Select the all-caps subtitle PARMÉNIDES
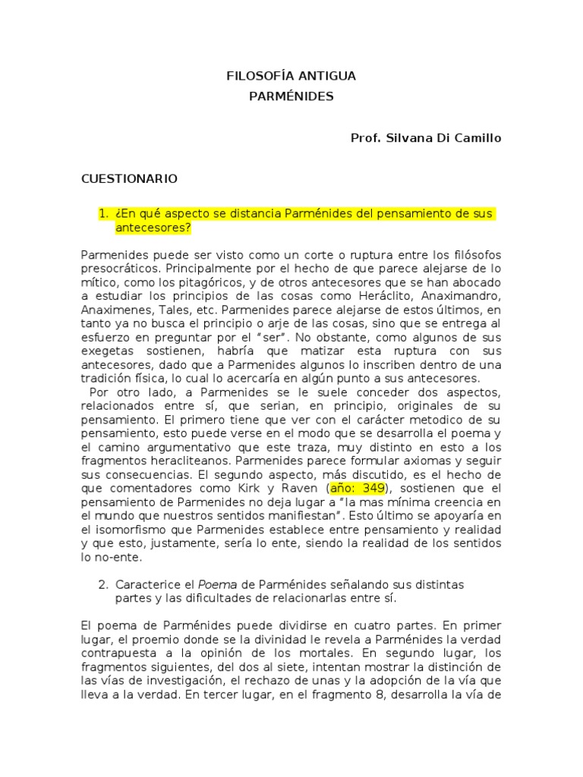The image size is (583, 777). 291,96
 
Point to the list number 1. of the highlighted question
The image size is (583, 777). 103,214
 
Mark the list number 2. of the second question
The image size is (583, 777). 103,584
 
